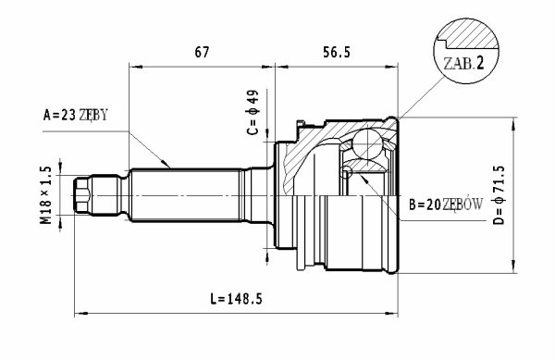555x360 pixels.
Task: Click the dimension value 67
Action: click(202, 52)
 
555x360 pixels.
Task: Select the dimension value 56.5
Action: click(337, 52)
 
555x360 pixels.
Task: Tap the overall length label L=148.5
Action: click(236, 299)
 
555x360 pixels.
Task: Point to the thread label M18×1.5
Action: click(46, 195)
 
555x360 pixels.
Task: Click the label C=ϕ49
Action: click(253, 112)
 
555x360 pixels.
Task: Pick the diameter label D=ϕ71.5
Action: click(499, 195)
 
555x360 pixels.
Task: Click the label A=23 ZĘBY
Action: click(75, 115)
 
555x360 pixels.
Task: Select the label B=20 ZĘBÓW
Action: click(446, 205)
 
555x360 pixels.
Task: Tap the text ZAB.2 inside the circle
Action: click(463, 63)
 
